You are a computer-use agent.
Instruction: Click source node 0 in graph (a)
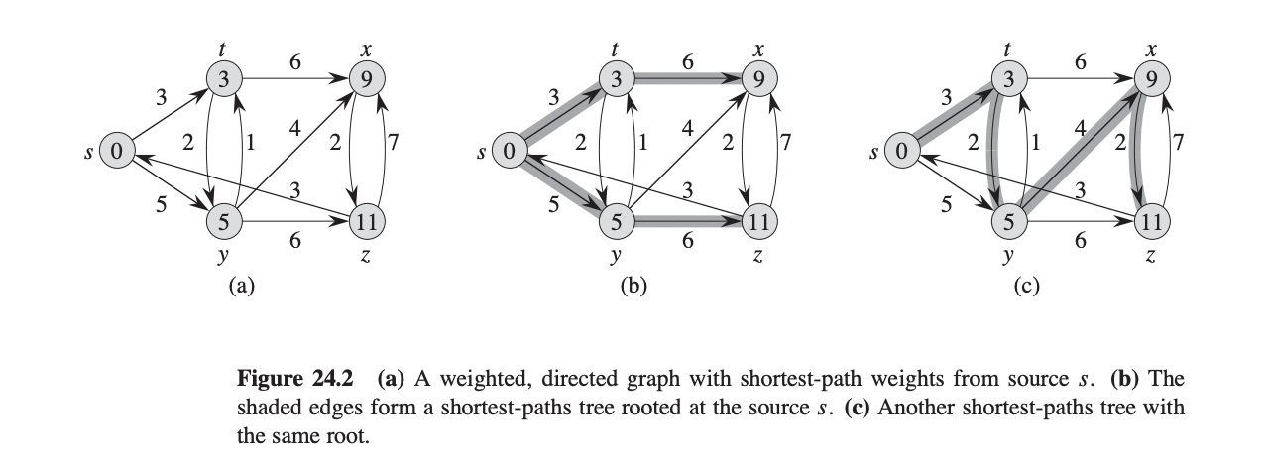point(116,152)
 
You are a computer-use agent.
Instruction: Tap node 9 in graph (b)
point(758,80)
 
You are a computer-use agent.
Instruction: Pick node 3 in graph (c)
point(1008,80)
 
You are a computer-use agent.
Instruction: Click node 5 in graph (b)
point(616,222)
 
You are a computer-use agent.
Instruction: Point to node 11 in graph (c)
point(1151,222)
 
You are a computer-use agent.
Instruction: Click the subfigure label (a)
point(242,287)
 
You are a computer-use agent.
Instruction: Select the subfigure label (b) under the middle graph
point(633,287)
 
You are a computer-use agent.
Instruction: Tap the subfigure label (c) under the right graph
point(1024,287)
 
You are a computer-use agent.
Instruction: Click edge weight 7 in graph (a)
point(395,142)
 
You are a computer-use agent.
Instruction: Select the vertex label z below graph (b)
point(758,256)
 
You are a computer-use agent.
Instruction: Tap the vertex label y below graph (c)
point(1008,257)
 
